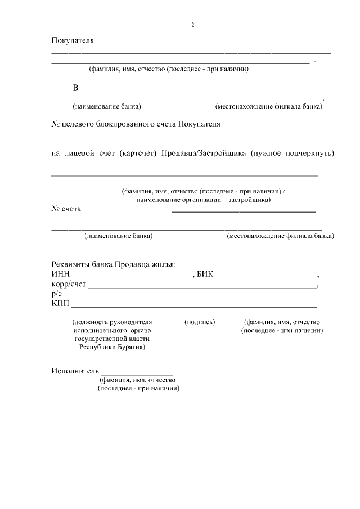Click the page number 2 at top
point(192,25)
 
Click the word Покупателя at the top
point(73,41)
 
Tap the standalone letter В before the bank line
point(75,88)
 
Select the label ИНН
point(60,274)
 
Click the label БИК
point(205,274)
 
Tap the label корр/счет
point(69,285)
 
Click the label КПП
point(60,304)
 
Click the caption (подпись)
point(200,322)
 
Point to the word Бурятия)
point(130,348)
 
